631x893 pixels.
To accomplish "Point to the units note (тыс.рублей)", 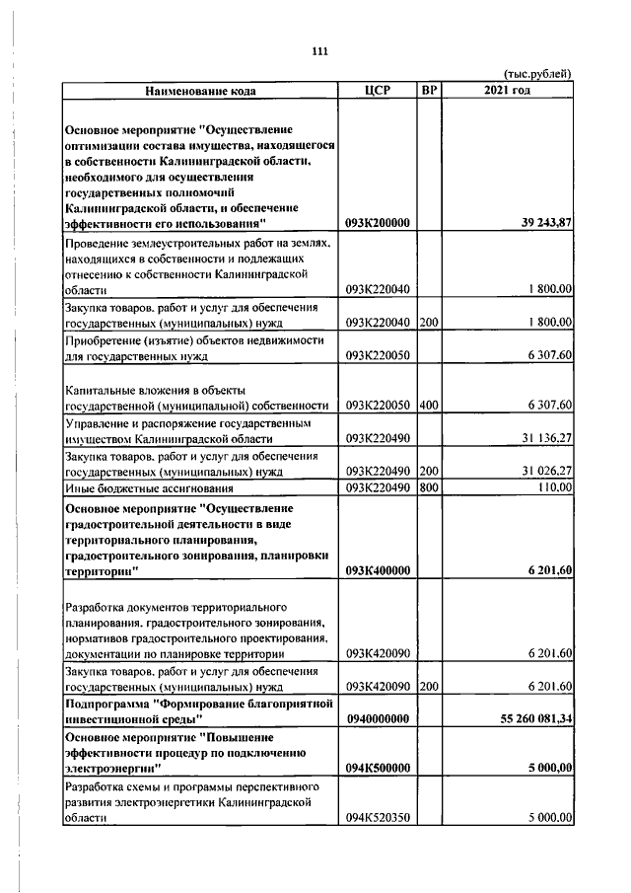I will click(537, 74).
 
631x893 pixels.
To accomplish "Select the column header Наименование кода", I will click(200, 91).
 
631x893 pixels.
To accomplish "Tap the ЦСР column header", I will click(378, 91).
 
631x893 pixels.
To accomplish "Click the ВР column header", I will click(428, 91).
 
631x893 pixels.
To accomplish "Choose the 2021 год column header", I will click(508, 91).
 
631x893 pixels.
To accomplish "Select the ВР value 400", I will click(428, 406).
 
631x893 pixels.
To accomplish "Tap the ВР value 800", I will click(428, 487).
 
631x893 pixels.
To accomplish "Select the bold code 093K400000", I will click(378, 570).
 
